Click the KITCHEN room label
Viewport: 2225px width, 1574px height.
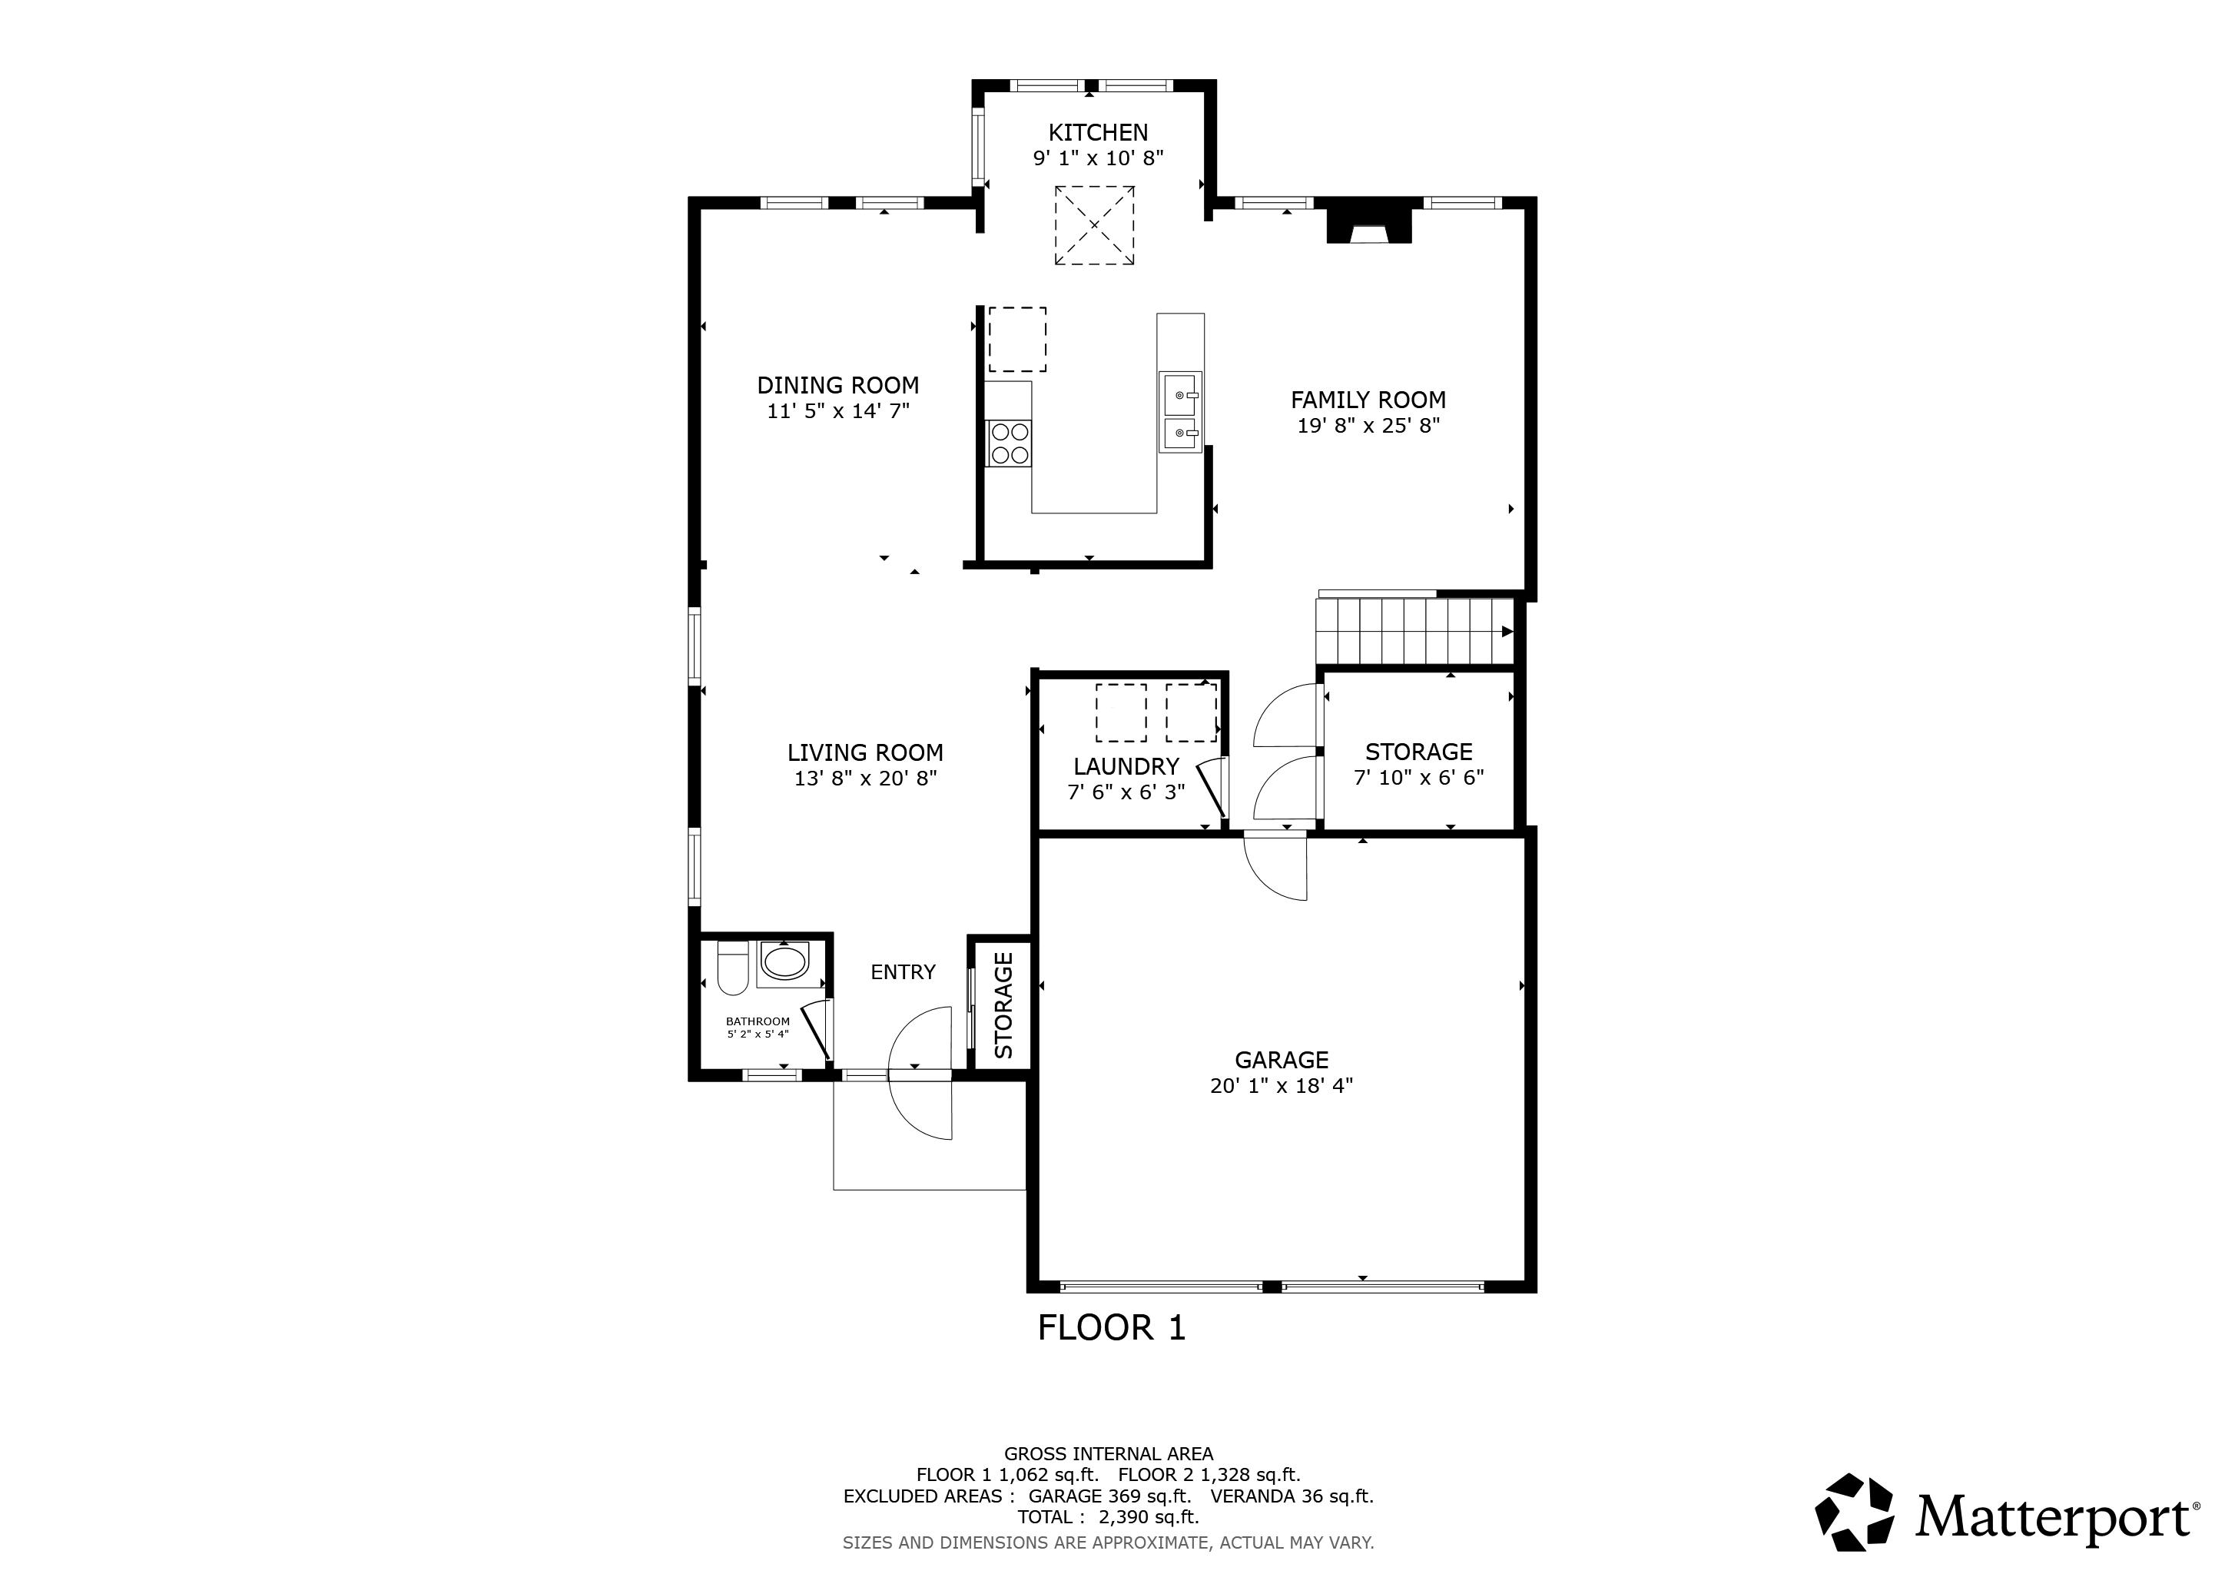coord(1098,133)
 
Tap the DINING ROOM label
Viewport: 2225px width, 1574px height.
coord(838,386)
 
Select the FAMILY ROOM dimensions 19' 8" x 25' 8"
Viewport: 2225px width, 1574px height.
coord(1368,426)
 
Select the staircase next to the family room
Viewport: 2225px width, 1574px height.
coord(1414,631)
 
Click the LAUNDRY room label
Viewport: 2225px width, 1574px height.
coord(1126,767)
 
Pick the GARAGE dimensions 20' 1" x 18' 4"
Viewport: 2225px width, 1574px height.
coord(1281,1085)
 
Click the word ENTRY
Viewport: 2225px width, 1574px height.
coord(904,972)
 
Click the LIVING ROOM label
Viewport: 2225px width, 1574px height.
coord(865,753)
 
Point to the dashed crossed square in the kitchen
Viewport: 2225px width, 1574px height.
coord(1094,225)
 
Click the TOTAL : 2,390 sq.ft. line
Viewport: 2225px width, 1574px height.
coord(1109,1517)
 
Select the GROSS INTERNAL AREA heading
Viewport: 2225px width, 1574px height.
coord(1109,1454)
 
